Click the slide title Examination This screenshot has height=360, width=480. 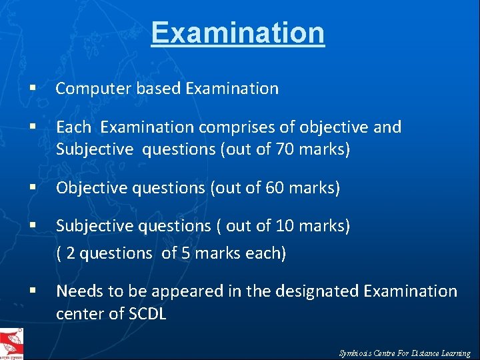237,33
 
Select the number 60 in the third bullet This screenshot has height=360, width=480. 275,189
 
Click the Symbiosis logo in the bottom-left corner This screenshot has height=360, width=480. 12,344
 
